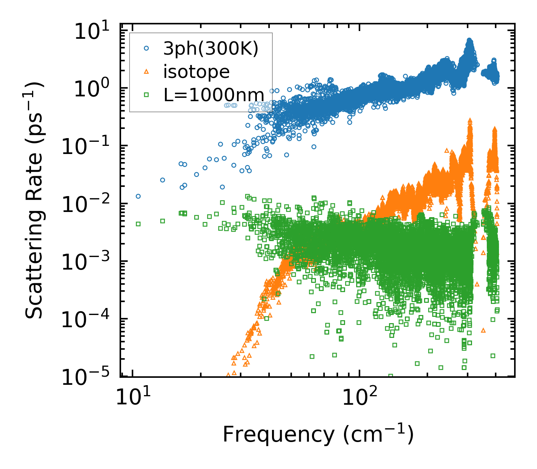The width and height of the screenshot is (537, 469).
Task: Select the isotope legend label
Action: coord(196,72)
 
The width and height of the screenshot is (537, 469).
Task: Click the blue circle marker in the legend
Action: coord(147,48)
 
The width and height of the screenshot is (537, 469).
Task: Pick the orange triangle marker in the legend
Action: coord(147,72)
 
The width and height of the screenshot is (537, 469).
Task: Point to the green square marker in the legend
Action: coord(147,95)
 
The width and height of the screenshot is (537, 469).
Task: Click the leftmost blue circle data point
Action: coord(138,196)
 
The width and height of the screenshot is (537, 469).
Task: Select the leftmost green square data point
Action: coord(138,224)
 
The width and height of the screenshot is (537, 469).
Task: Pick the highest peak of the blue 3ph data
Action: coord(469,40)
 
